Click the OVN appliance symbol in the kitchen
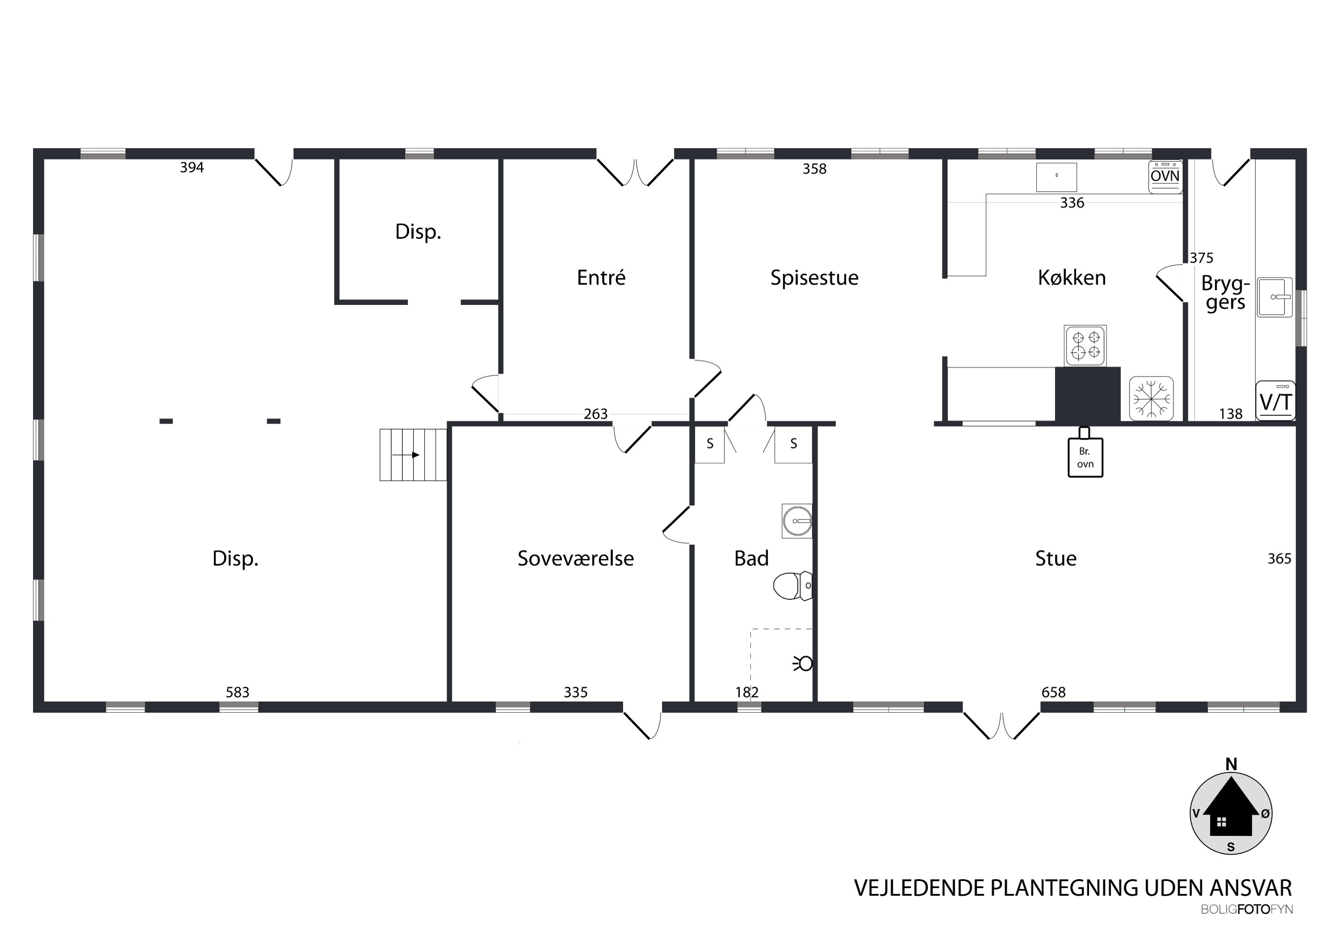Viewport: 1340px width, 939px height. pyautogui.click(x=1165, y=176)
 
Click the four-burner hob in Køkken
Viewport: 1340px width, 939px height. pyautogui.click(x=1085, y=345)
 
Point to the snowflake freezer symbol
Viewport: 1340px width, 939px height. pyautogui.click(x=1152, y=399)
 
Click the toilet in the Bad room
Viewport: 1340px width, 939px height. pyautogui.click(x=792, y=586)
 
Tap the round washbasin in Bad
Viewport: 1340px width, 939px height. pyautogui.click(x=797, y=521)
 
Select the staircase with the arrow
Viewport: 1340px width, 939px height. pyautogui.click(x=413, y=455)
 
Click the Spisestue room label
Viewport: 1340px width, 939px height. pyautogui.click(x=814, y=278)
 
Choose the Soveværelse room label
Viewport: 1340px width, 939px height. pyautogui.click(x=575, y=559)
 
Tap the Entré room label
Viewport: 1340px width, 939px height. pyautogui.click(x=601, y=277)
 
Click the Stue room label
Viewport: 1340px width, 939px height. pyautogui.click(x=1056, y=559)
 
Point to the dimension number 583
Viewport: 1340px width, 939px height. pyautogui.click(x=238, y=692)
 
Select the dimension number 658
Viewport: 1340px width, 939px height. pyautogui.click(x=1053, y=692)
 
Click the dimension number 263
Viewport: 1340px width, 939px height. pyautogui.click(x=596, y=414)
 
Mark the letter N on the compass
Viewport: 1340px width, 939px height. pyautogui.click(x=1231, y=764)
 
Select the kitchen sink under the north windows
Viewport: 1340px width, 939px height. pyautogui.click(x=1056, y=177)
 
